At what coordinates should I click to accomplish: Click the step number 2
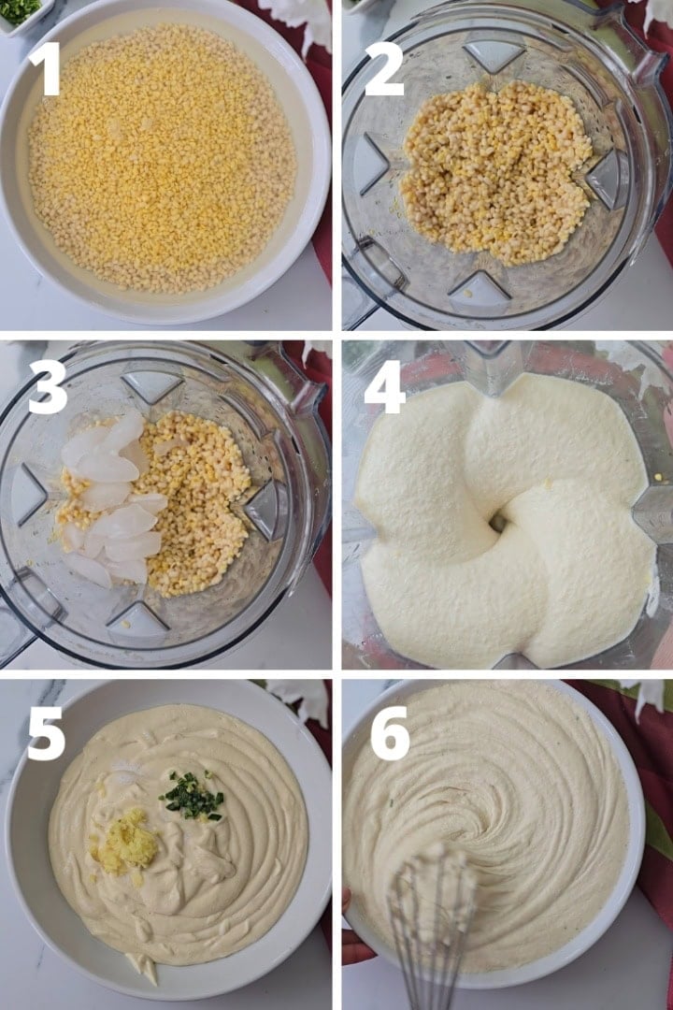(383, 69)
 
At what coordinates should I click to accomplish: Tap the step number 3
(47, 386)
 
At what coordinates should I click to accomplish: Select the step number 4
(384, 386)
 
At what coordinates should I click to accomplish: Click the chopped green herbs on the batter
(192, 797)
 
